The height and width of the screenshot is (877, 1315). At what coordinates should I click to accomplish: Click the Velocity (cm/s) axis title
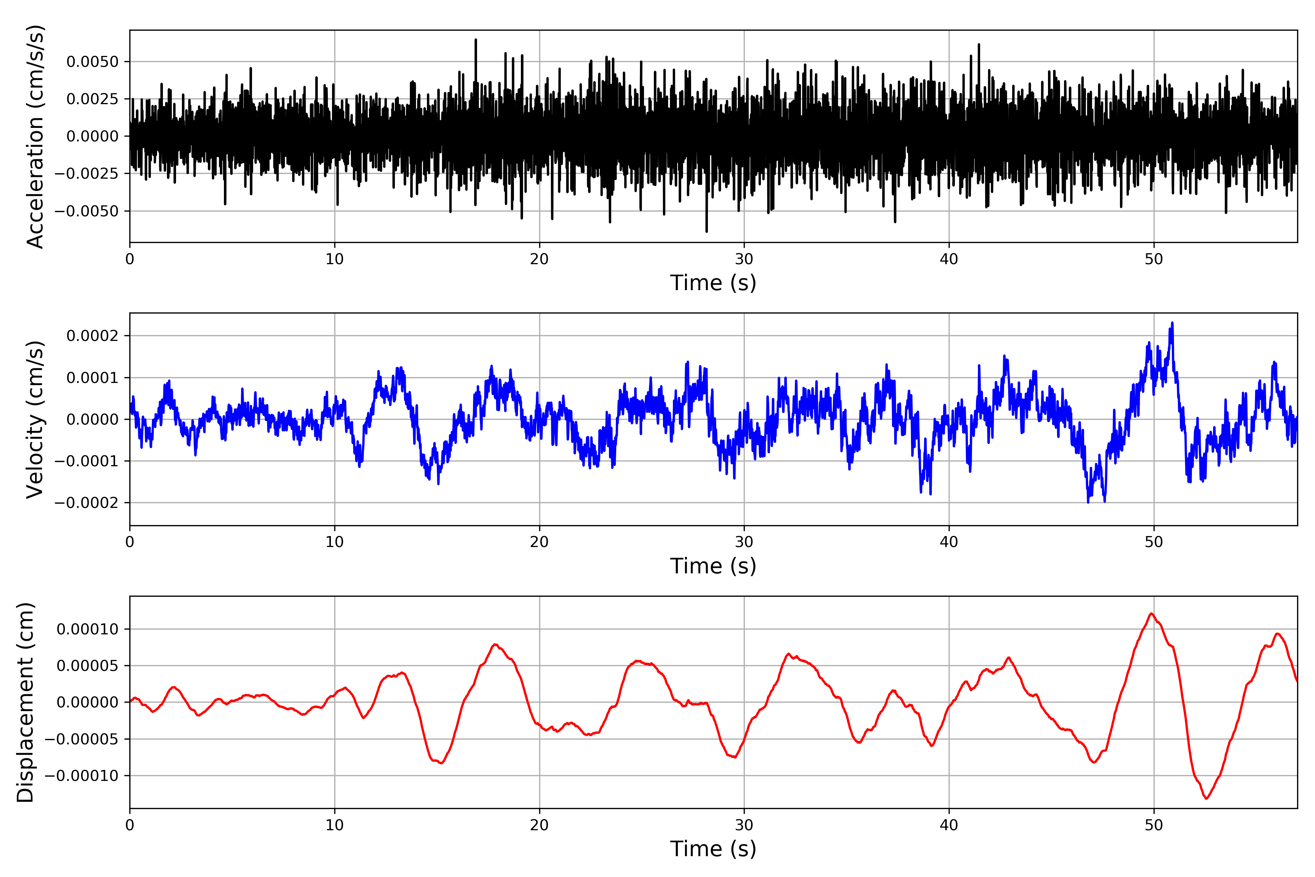[35, 419]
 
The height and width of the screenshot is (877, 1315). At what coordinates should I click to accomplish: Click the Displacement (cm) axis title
[25, 702]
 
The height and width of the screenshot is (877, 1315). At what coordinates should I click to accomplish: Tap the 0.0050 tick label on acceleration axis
[92, 61]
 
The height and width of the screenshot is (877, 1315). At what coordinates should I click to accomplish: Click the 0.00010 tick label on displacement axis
[87, 629]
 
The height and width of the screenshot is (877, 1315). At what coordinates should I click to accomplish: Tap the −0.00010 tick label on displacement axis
[81, 776]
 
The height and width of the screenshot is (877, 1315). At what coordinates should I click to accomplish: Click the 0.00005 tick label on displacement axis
[87, 665]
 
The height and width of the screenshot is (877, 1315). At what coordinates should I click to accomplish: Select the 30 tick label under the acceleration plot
[744, 259]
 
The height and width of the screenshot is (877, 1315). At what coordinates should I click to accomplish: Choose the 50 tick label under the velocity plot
[1154, 542]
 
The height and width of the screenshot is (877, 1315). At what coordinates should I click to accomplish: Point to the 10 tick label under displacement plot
[334, 825]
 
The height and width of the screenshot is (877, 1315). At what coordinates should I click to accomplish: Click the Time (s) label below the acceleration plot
[713, 283]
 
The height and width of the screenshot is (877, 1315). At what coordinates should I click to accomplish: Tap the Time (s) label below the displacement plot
[713, 849]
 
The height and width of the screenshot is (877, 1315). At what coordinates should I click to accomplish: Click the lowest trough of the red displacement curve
[1207, 798]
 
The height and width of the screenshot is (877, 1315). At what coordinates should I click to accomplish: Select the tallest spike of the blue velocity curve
[1173, 323]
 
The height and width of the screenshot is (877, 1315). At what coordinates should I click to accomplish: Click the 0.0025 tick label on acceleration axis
[92, 99]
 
